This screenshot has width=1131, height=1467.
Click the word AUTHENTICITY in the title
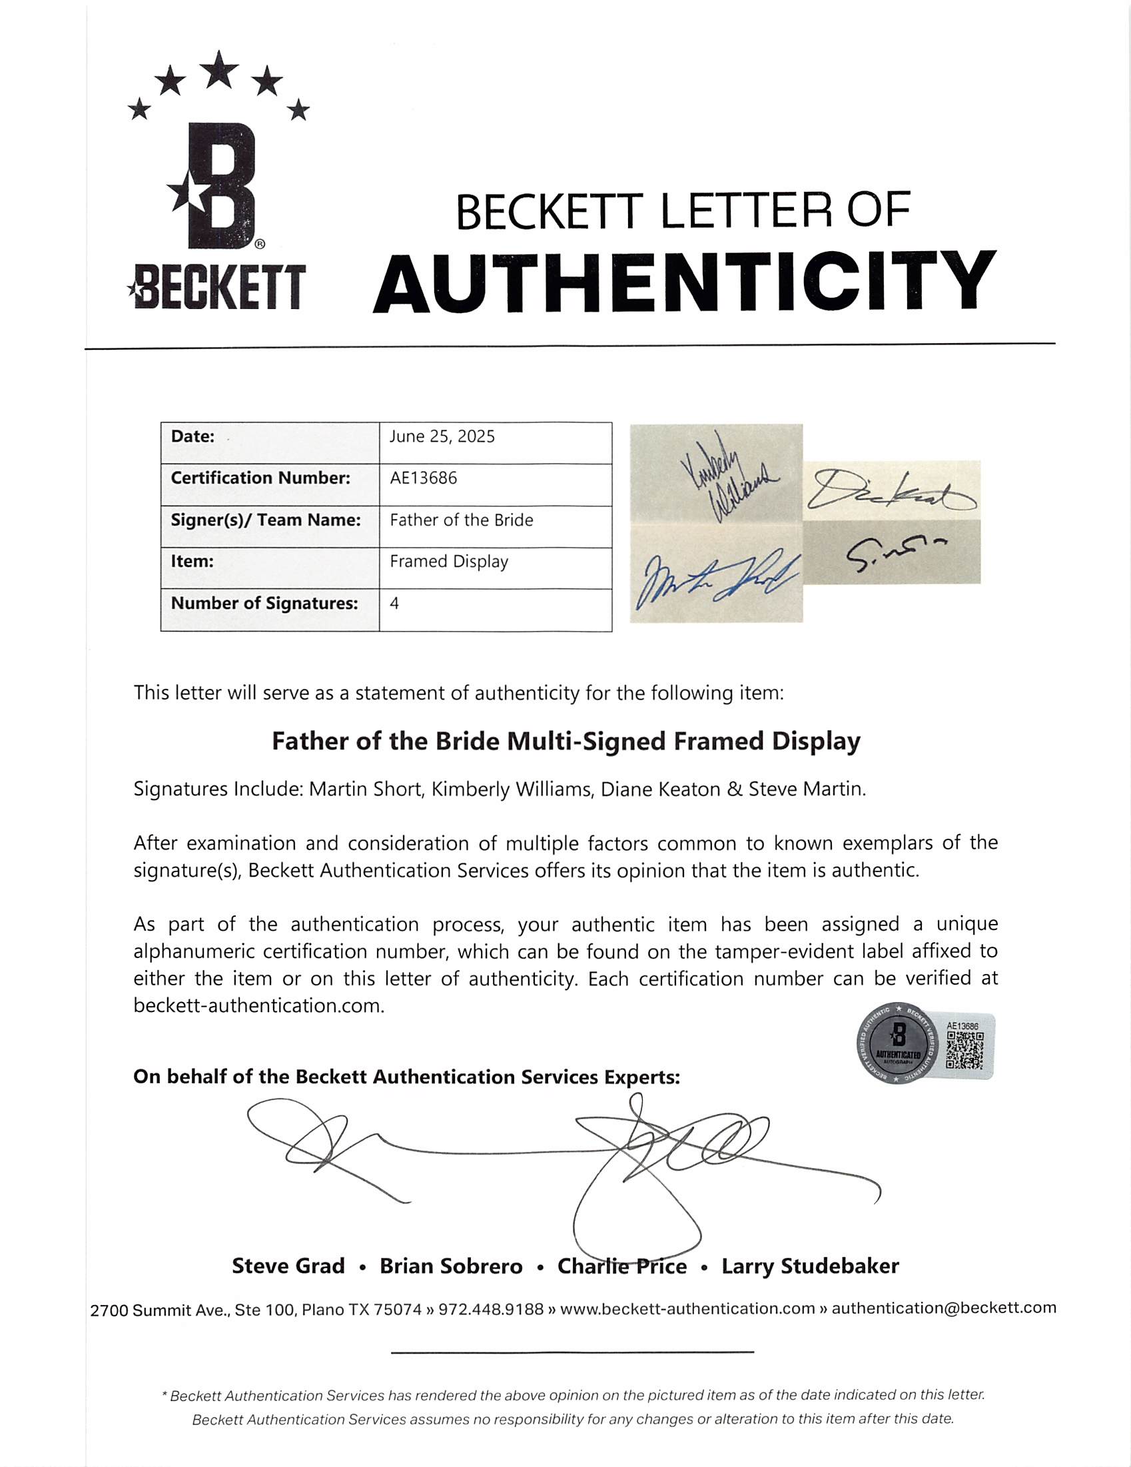683,282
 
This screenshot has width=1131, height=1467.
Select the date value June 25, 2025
442,436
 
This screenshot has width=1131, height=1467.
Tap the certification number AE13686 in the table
423,478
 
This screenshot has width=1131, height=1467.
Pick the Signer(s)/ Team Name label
266,520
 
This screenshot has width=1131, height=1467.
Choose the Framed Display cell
449,562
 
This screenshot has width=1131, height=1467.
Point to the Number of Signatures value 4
394,603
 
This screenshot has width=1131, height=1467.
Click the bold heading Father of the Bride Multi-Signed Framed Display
565,741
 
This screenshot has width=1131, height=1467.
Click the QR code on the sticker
965,1050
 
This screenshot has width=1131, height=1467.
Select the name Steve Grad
288,1266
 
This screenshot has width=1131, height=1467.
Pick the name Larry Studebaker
810,1266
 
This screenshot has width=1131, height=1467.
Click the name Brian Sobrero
451,1266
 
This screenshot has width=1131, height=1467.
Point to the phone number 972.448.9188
491,1308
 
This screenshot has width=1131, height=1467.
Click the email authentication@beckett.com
944,1308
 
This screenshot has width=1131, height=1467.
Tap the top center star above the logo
219,69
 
